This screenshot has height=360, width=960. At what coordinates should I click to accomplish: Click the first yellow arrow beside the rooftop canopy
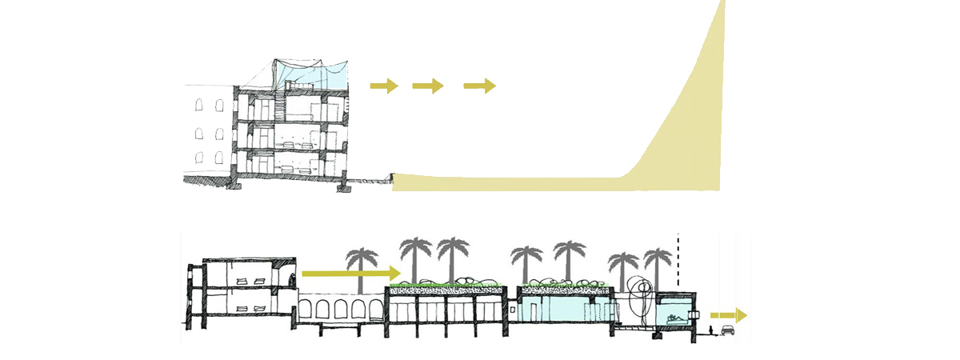click(x=384, y=86)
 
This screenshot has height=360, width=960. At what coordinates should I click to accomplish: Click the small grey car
click(x=728, y=330)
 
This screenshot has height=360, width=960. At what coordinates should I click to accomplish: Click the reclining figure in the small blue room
click(x=674, y=320)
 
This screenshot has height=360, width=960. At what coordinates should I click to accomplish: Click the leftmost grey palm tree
click(x=362, y=264)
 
